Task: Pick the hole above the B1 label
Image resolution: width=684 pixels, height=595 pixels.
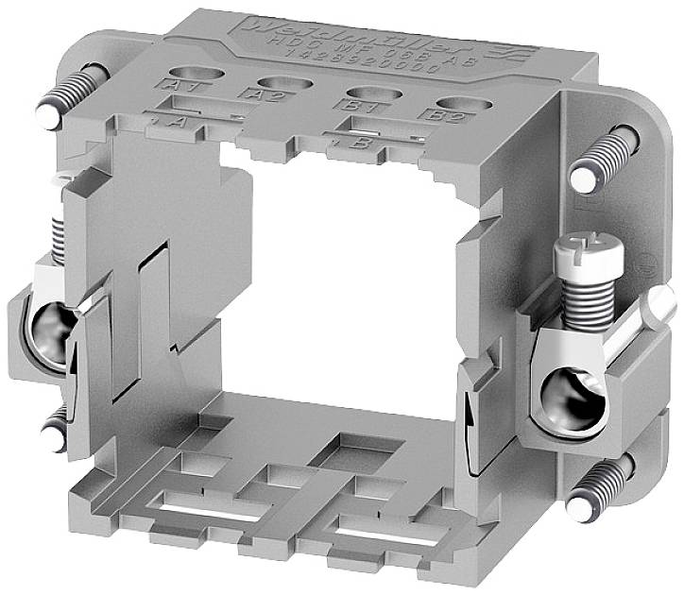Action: click(x=366, y=93)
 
